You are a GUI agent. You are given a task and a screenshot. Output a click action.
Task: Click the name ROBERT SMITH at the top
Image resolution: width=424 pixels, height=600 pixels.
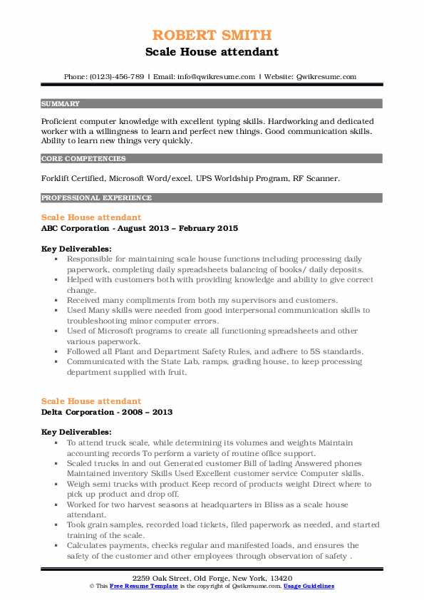point(212,35)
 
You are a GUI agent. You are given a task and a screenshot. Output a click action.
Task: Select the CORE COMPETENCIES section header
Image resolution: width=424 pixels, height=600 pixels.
point(83,159)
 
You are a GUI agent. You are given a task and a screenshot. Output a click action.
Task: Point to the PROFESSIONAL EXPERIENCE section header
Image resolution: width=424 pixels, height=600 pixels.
point(96,197)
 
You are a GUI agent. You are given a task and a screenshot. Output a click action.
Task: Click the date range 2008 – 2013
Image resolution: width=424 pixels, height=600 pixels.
point(148,412)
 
